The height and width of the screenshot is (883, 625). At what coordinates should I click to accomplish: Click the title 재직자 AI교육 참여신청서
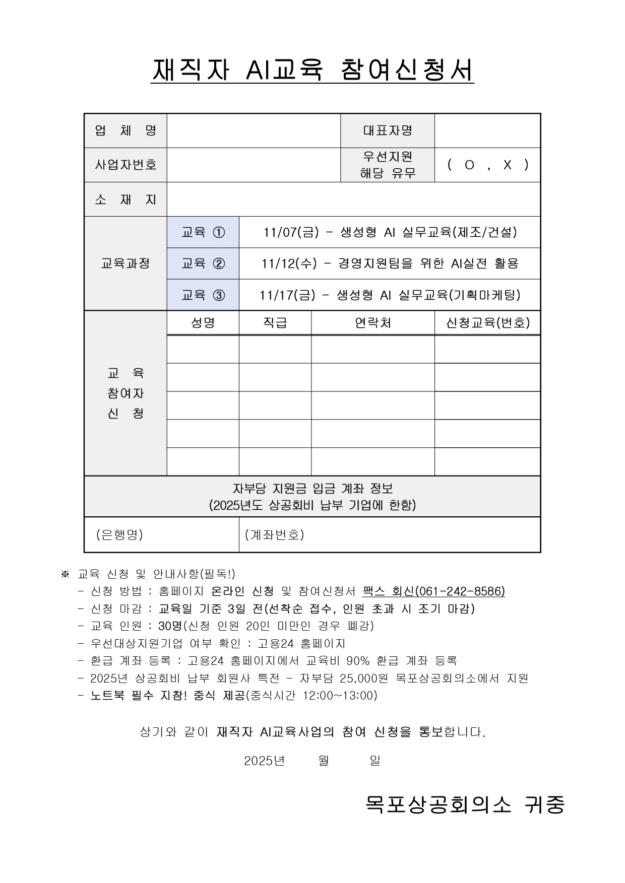pos(312,70)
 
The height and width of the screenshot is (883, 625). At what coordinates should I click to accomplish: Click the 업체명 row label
pos(126,130)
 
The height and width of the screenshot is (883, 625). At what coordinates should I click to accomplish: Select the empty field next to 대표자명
pos(487,130)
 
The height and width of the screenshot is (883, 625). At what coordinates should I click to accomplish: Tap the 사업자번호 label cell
pos(126,165)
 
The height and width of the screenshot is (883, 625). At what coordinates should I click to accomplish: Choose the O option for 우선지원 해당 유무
pos(469,165)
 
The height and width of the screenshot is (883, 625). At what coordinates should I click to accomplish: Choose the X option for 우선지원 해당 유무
pos(508,165)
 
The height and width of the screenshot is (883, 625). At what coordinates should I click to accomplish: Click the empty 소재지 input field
pos(353,199)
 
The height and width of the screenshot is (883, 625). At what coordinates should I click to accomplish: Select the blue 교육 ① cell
pos(203,232)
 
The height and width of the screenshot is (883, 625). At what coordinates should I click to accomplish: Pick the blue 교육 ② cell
pos(203,263)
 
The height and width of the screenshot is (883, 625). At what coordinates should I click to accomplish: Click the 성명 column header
pos(203,323)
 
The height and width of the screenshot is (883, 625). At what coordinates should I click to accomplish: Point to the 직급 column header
pos(275,323)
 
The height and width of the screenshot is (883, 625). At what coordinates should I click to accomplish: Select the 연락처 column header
pos(372,323)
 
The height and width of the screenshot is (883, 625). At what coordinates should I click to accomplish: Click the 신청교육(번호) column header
pos(487,323)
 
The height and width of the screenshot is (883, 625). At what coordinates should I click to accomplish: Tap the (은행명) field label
pos(120,535)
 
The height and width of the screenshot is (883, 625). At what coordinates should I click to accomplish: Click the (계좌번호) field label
pos(275,535)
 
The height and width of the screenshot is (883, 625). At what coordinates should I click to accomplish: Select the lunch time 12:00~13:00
pos(340,696)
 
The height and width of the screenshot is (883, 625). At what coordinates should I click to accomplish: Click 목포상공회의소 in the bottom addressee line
pos(439,804)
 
